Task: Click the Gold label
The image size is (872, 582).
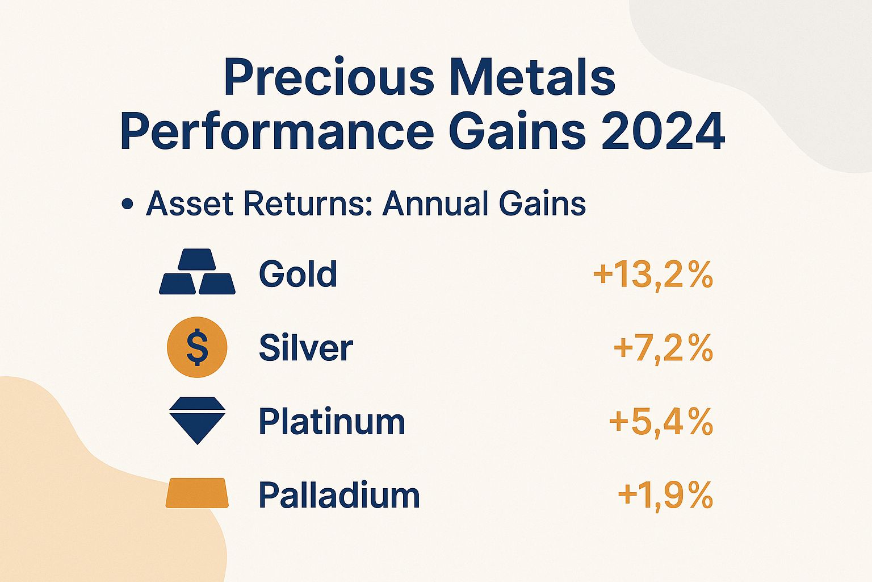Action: point(298,274)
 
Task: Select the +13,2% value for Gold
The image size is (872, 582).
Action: point(653,276)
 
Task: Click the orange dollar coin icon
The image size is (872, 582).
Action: point(197,347)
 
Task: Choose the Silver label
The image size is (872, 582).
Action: point(306,348)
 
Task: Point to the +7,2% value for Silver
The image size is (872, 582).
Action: point(663,348)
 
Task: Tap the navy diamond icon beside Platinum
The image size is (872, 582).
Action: point(197,420)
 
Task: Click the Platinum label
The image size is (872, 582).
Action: point(332,422)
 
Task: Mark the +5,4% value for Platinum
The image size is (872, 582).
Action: point(661,422)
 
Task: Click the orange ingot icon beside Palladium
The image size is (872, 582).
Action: point(197,493)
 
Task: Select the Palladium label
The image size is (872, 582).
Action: point(339,495)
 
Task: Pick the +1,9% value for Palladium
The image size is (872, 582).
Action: point(665,495)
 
